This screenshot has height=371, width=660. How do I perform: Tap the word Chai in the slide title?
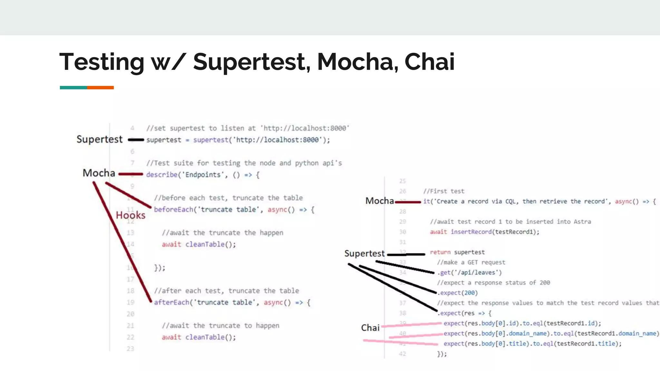tap(429, 62)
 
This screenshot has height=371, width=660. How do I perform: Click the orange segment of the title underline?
tap(100, 88)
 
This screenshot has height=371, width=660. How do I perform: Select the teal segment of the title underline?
tap(73, 88)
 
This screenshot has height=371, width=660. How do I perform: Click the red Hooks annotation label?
tap(131, 215)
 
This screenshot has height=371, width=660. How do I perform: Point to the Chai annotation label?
tap(370, 328)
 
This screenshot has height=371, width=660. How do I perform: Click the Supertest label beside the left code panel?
tap(99, 139)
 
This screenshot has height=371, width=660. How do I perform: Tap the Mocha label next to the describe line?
tap(99, 173)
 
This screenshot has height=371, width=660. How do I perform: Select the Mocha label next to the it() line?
tap(379, 201)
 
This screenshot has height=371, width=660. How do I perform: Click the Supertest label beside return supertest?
tap(364, 253)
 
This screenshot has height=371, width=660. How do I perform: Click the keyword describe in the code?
tap(161, 175)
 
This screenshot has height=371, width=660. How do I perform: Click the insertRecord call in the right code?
tap(471, 232)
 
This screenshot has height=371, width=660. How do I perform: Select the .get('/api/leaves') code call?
tap(470, 272)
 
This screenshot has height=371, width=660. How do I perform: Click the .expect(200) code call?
tap(458, 293)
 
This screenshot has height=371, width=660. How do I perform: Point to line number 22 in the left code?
tap(130, 337)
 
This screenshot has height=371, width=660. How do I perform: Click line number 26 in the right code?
tap(403, 191)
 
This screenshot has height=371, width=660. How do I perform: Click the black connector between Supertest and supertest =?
tap(136, 140)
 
